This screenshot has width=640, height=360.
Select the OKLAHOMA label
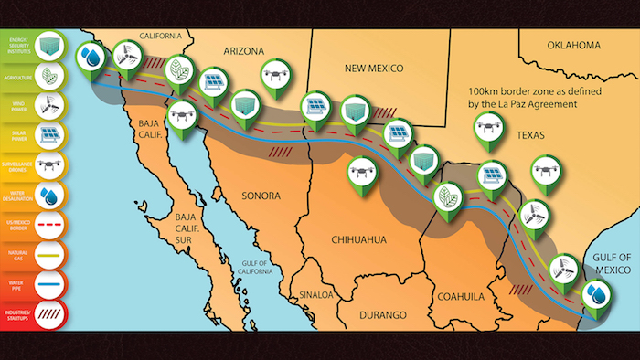pyautogui.click(x=573, y=45)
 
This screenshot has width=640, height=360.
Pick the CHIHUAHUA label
pyautogui.click(x=356, y=239)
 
